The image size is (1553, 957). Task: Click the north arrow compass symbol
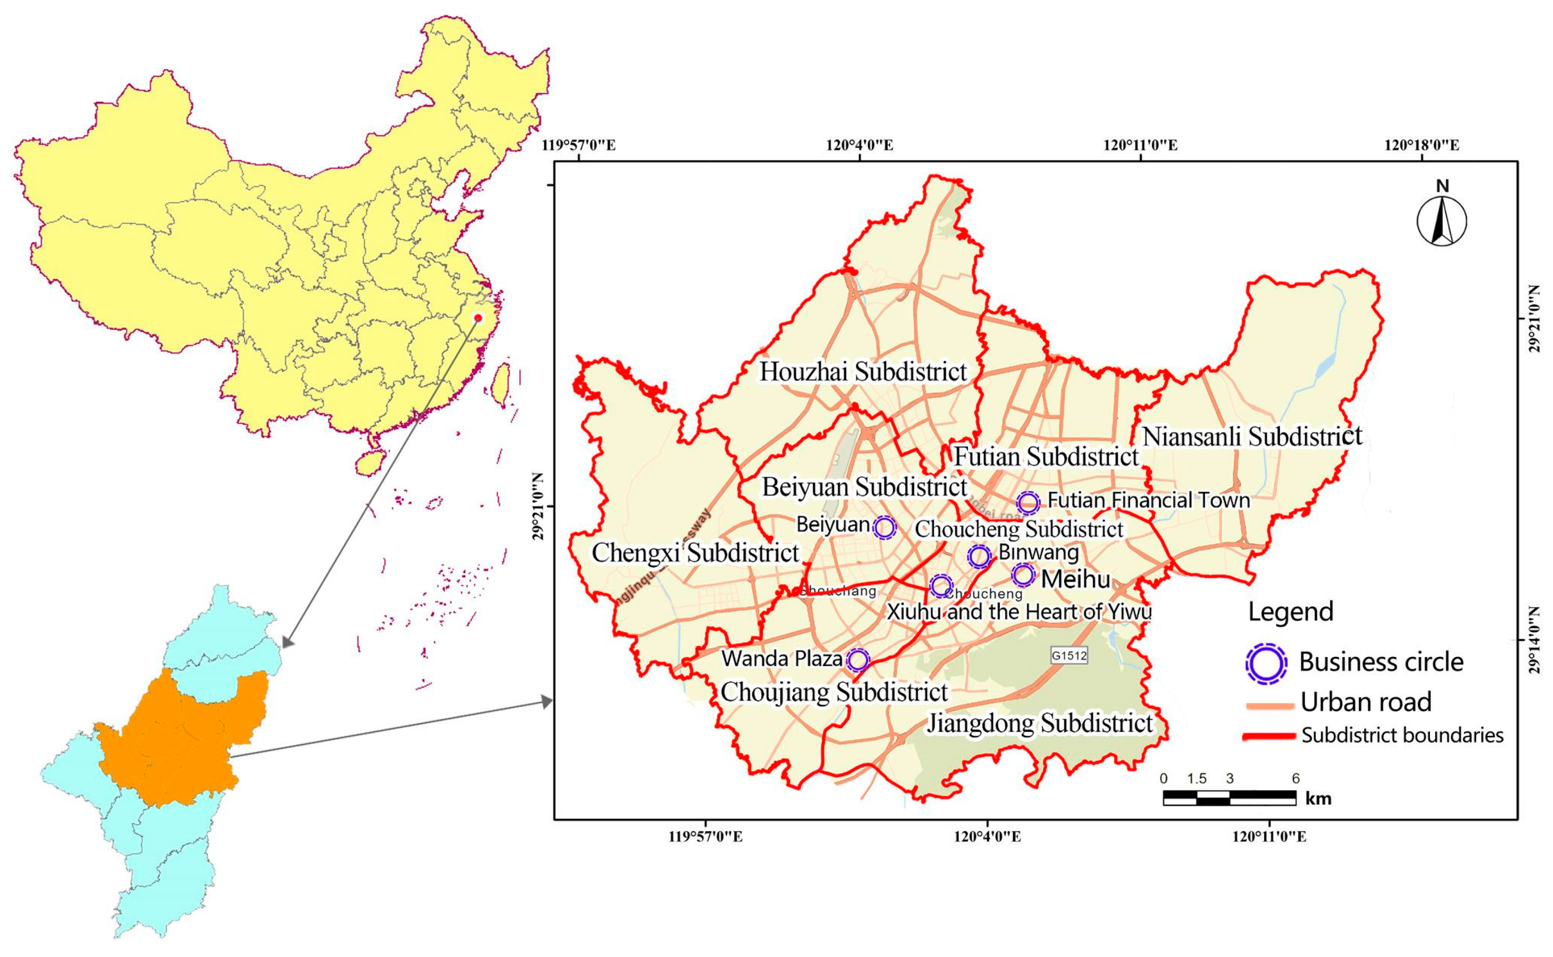(x=1441, y=220)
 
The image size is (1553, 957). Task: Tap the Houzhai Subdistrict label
(x=863, y=372)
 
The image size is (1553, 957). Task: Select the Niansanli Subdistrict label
(x=1252, y=437)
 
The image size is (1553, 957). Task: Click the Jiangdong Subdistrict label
(x=1040, y=723)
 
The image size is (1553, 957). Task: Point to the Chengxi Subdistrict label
(x=695, y=553)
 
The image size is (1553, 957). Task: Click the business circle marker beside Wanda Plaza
(x=857, y=660)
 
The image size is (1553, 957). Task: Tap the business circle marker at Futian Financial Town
(x=1028, y=503)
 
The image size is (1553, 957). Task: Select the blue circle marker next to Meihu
(x=1023, y=575)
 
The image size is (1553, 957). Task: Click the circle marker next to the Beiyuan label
(x=885, y=527)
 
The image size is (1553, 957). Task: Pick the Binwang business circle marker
(x=979, y=556)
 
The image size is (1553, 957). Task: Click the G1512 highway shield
(x=1069, y=656)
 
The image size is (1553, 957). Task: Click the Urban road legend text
(x=1366, y=702)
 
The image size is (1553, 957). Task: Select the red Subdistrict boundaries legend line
(x=1268, y=736)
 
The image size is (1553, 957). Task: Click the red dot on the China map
(x=478, y=318)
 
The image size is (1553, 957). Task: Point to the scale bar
(x=1229, y=798)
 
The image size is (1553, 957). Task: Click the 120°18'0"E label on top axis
(x=1421, y=146)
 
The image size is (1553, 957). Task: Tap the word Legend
(x=1291, y=611)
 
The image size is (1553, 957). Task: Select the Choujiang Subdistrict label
(x=834, y=692)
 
